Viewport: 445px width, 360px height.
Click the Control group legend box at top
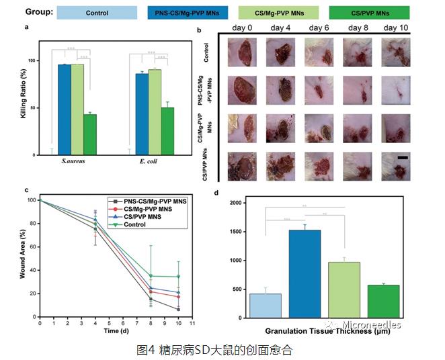[97, 13]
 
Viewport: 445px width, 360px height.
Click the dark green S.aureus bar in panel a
[90, 134]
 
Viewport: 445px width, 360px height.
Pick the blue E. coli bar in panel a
[142, 114]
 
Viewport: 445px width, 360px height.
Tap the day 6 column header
[317, 28]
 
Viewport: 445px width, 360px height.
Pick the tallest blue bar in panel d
[306, 273]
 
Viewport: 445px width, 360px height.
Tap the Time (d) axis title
[113, 331]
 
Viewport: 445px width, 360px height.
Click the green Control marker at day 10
[178, 276]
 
